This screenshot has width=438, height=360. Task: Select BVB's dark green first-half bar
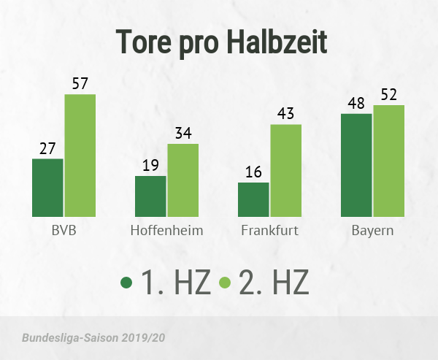tap(47, 188)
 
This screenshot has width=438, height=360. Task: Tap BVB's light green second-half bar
tap(80, 156)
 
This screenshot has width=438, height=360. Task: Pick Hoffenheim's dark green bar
tap(150, 196)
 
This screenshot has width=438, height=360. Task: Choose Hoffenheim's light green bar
tap(182, 180)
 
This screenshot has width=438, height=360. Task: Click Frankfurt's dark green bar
tap(253, 199)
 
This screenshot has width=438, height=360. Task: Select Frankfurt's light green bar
tap(285, 170)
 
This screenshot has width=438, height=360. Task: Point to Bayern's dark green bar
tap(356, 165)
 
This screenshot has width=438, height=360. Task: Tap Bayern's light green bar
tap(388, 161)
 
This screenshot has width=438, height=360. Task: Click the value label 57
tap(80, 83)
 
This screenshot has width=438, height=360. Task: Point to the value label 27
tap(47, 148)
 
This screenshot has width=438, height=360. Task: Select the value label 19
tap(150, 165)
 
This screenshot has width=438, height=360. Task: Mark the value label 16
tap(253, 172)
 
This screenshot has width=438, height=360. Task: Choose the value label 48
tap(356, 103)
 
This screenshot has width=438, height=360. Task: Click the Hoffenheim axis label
tap(166, 231)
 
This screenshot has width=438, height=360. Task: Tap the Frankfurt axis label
tap(269, 231)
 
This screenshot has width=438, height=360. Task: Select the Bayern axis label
tap(372, 232)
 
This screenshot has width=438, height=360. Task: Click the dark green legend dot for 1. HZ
tap(126, 282)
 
